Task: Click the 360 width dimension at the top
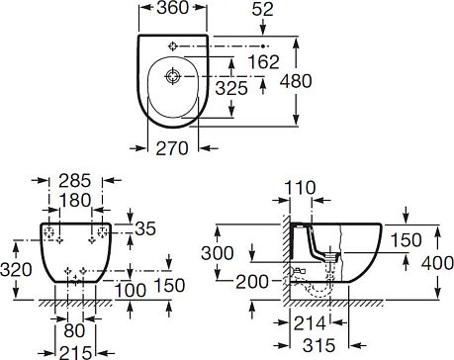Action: (172, 8)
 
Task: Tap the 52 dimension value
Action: (262, 10)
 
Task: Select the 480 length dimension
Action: (296, 81)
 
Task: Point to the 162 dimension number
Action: (263, 62)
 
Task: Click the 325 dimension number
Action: (231, 88)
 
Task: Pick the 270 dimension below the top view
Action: (172, 148)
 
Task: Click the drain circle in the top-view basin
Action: (173, 76)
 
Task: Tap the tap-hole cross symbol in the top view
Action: (173, 46)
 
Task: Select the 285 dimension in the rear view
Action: (75, 181)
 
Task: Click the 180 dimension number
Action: (75, 201)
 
